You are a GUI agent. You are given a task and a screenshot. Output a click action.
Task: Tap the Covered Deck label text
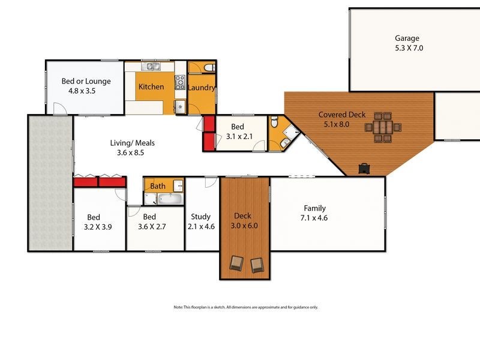[x=342, y=115]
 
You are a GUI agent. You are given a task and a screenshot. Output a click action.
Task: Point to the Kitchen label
[x=151, y=87]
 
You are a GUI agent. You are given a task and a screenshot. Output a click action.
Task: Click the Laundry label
[x=201, y=88]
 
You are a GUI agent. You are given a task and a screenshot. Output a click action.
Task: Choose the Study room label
[x=200, y=217]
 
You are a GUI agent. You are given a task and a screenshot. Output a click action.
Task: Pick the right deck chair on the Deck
[x=257, y=264]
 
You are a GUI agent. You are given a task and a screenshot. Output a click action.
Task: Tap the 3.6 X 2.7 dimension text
[x=149, y=227]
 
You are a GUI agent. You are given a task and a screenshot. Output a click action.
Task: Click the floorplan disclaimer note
[x=245, y=307]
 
